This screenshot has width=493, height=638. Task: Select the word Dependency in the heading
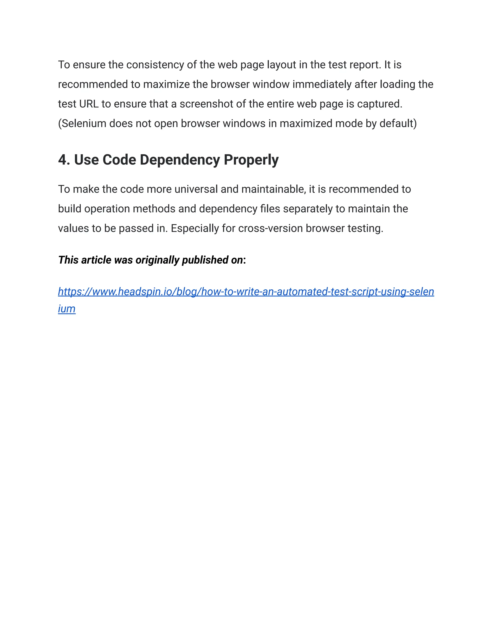pyautogui.click(x=180, y=160)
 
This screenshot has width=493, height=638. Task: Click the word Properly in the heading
pyautogui.click(x=251, y=160)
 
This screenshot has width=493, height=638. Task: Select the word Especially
pyautogui.click(x=195, y=228)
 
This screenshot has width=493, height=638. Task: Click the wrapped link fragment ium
pyautogui.click(x=67, y=309)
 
